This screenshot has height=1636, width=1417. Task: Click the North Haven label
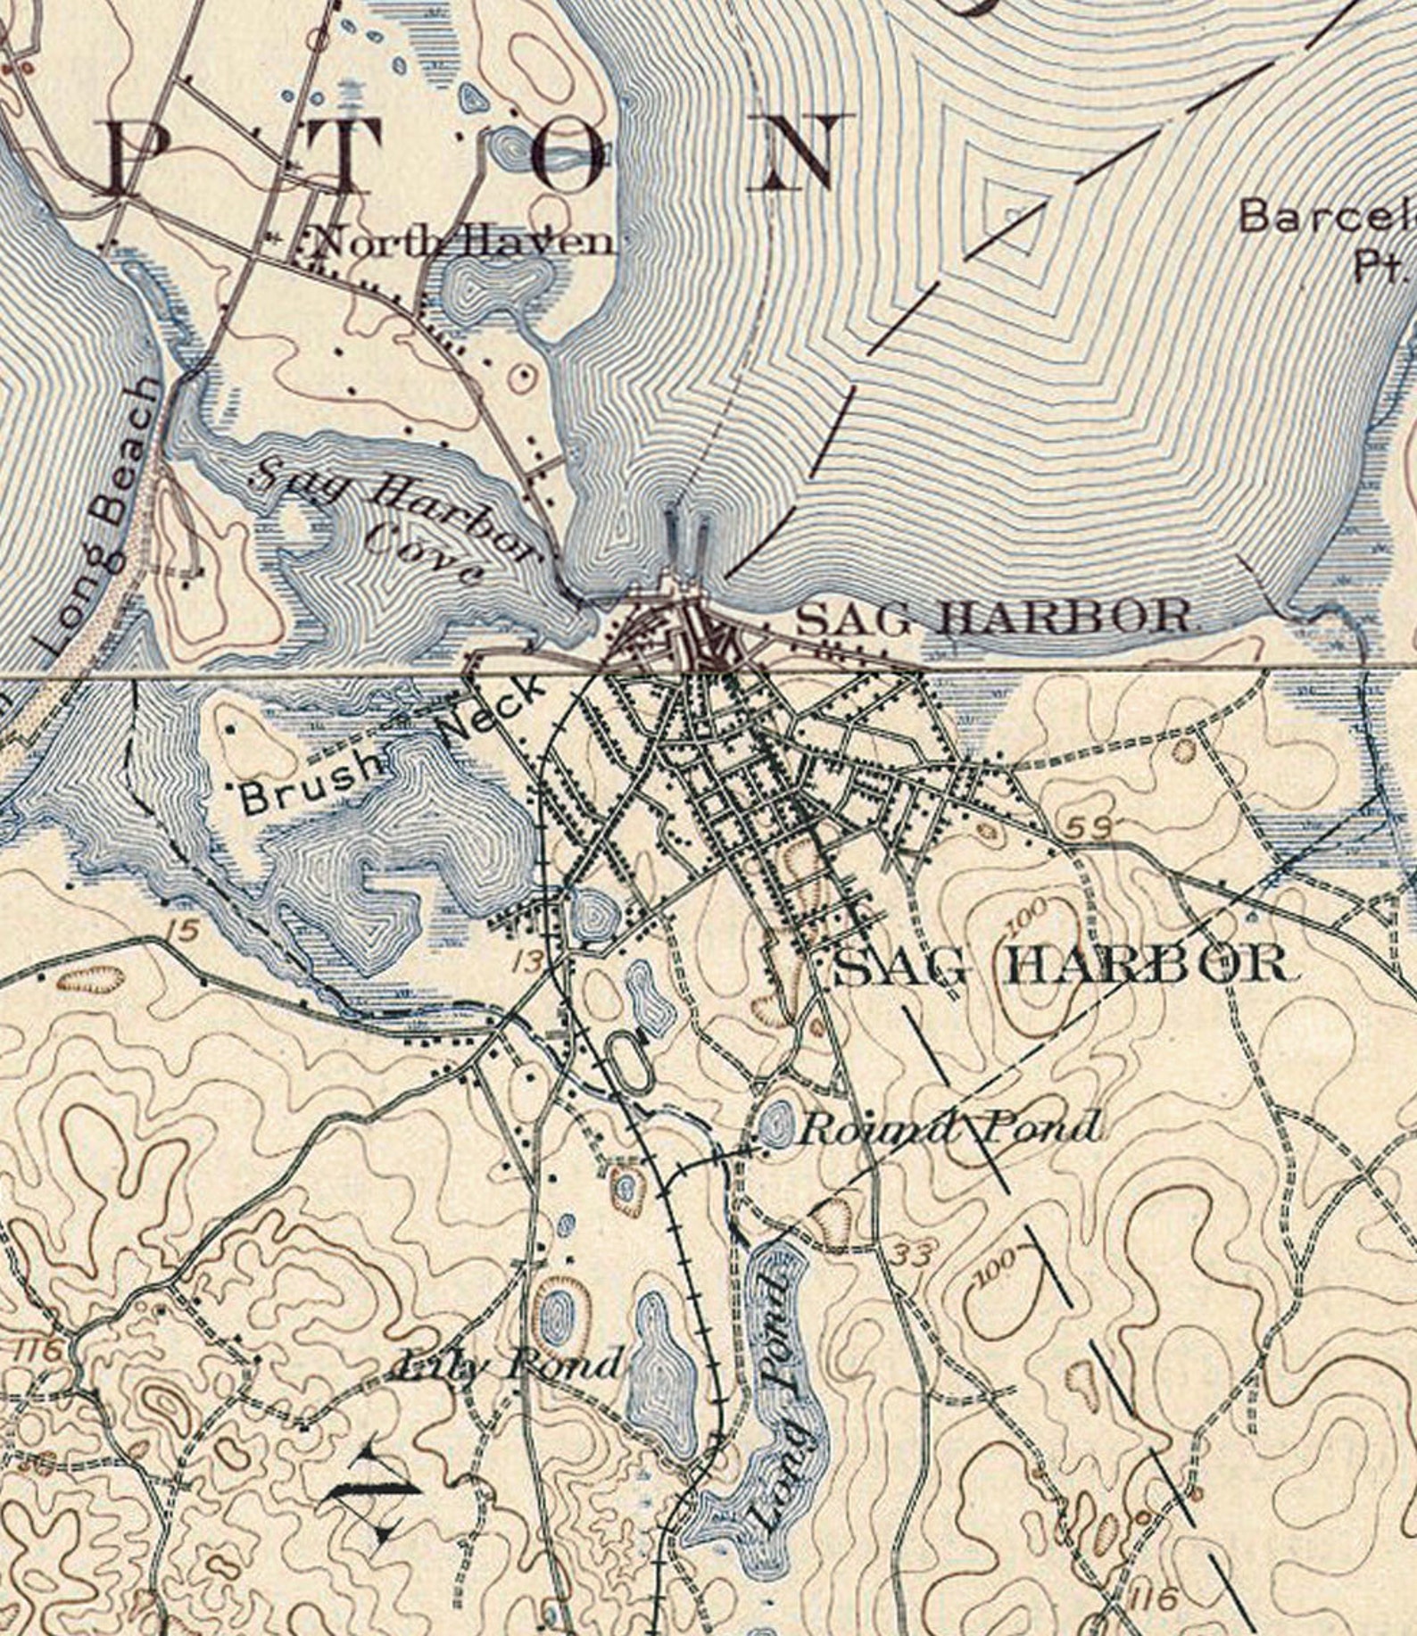click(x=462, y=241)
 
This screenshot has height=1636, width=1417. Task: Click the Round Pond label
click(x=947, y=1129)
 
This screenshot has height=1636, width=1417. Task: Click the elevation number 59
click(x=1090, y=828)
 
